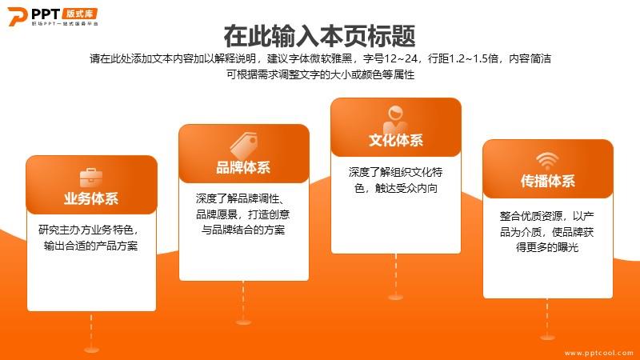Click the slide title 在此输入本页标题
pos(319,36)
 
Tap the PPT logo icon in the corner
pos(18,16)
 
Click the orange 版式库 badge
pos(80,14)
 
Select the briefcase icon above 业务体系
pos(91,178)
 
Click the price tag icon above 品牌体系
pos(244,146)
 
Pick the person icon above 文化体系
pos(395,118)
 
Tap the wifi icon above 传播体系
pos(547,161)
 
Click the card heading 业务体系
pos(91,198)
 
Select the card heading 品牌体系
pos(243,167)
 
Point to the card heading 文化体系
pos(396,141)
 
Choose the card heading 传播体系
pos(548,181)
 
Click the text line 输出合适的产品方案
pos(90,246)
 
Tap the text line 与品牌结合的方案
pos(243,230)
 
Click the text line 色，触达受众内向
pos(396,188)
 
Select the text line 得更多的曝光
pos(547,247)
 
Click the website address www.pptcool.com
pos(598,353)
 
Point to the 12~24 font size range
pos(402,58)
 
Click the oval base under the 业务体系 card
pos(91,350)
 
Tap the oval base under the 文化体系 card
pos(395,297)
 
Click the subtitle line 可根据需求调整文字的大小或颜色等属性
pos(321,74)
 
